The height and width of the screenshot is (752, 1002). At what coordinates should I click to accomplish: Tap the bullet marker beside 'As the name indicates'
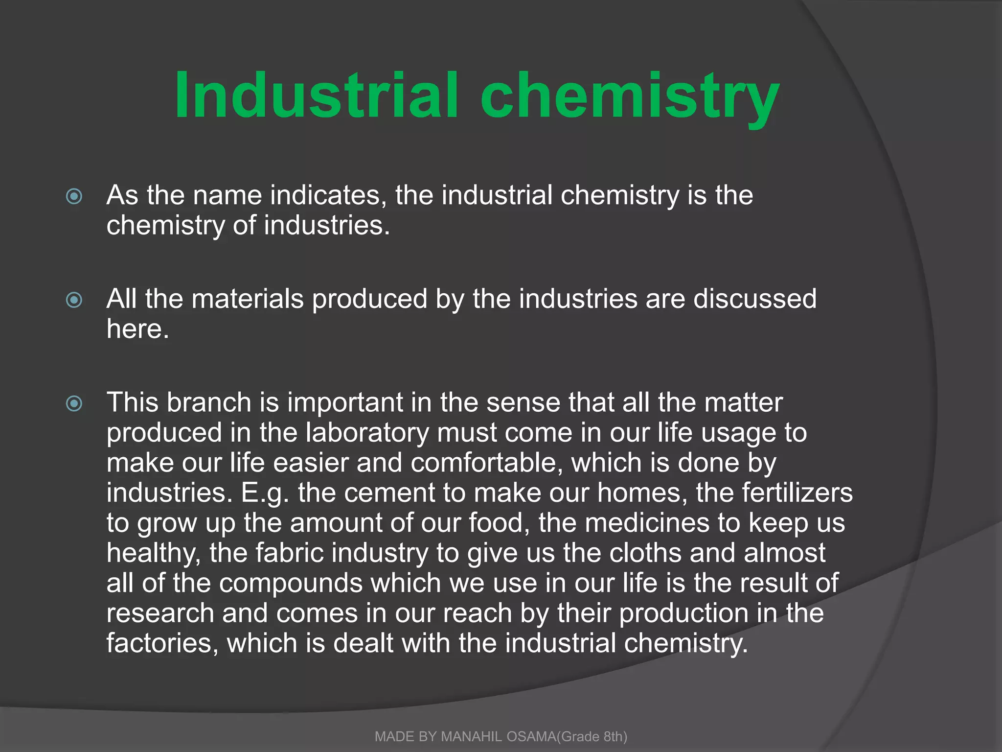[74, 196]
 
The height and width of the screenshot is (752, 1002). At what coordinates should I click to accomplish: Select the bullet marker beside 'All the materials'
[74, 300]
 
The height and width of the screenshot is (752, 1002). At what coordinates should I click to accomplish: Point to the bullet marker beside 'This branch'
[74, 403]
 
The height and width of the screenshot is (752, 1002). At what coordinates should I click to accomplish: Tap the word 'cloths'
[645, 553]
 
